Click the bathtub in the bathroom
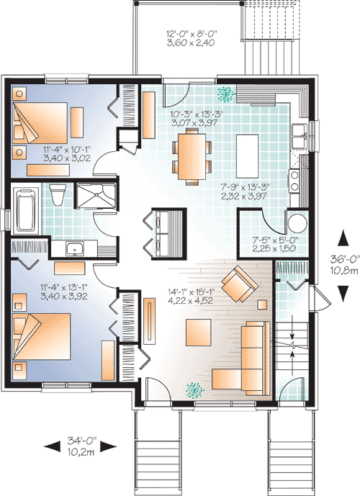[26, 209]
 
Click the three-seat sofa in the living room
[253, 356]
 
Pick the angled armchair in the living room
[240, 284]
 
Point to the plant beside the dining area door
[228, 94]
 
